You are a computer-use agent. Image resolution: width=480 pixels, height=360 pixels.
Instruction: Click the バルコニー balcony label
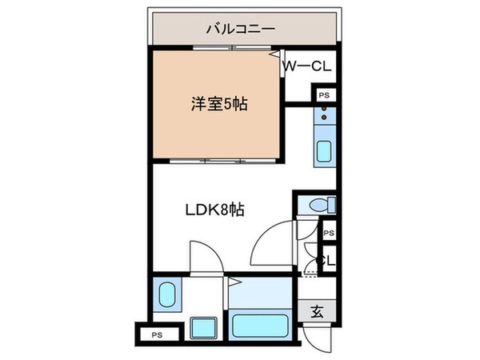[x=240, y=29]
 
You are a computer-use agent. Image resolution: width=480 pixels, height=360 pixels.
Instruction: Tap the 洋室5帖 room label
[x=218, y=103]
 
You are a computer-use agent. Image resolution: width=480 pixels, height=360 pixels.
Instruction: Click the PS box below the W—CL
[x=323, y=95]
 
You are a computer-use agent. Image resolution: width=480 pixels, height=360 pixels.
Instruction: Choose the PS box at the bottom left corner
[x=157, y=334]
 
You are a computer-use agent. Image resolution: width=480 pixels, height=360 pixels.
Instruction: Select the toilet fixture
[x=319, y=206]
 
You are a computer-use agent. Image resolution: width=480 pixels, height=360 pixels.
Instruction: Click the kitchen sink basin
[x=325, y=151]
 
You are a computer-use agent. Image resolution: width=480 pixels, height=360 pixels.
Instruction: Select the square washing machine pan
[x=205, y=328]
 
